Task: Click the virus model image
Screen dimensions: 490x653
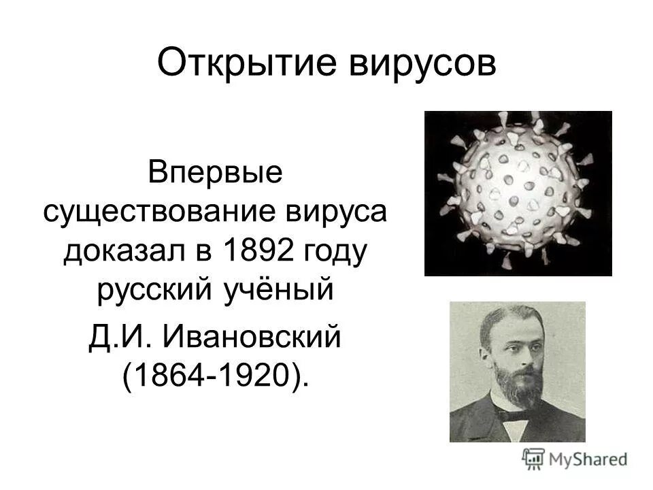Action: point(518,193)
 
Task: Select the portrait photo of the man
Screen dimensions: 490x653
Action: point(517,372)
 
